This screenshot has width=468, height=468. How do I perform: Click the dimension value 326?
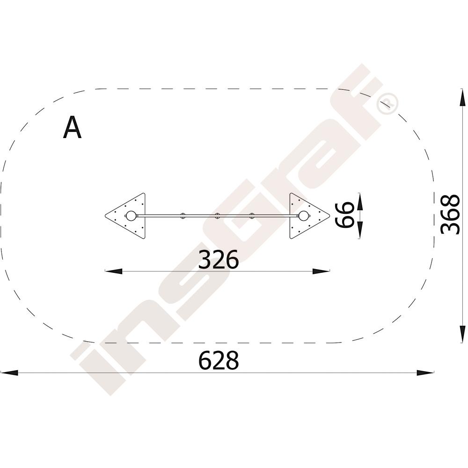tap(219, 260)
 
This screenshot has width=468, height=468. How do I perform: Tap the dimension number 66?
tap(344, 215)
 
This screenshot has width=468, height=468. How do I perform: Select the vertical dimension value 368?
tap(450, 214)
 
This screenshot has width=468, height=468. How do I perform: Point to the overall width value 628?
tap(219, 360)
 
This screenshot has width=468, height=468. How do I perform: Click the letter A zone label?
tap(72, 127)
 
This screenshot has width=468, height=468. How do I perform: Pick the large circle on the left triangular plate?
tap(131, 216)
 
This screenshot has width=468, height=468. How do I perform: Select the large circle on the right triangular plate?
tap(304, 216)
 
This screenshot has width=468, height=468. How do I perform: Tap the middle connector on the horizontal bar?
tap(217, 216)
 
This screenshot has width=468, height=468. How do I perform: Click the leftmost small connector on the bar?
tap(183, 216)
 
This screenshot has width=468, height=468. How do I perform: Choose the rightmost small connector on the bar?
tap(252, 216)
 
